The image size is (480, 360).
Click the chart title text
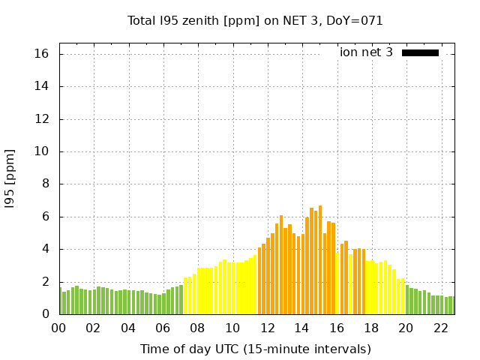tap(255, 21)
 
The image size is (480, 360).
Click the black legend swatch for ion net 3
tap(420, 52)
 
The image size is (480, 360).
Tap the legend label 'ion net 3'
tap(366, 52)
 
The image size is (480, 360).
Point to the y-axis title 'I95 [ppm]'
tap(10, 178)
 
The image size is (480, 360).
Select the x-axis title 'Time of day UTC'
tap(255, 349)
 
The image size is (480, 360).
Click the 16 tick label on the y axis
tap(41, 54)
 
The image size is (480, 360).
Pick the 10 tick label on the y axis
tap(41, 151)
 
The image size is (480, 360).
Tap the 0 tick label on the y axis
tap(46, 314)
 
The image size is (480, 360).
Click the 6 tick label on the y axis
tap(46, 217)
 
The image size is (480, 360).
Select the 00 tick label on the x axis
tap(59, 328)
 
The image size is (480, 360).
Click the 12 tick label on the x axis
tap(268, 328)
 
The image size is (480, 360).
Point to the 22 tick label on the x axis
tap(441, 328)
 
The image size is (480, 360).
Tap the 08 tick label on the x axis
tap(198, 328)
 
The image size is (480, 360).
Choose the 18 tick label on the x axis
tap(372, 328)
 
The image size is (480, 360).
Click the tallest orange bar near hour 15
tap(320, 259)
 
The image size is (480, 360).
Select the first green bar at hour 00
tap(60, 301)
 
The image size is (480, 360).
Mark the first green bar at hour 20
tap(407, 299)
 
